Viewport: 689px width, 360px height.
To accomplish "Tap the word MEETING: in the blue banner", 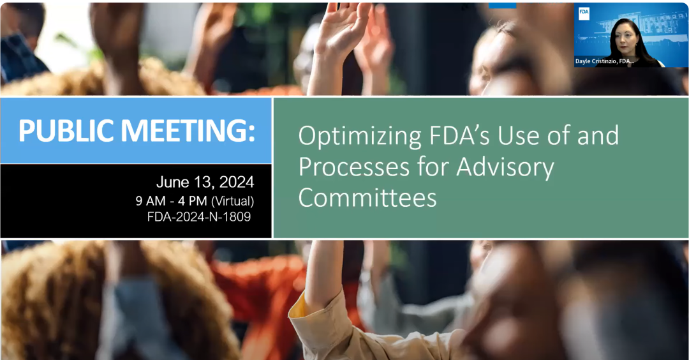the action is click(x=188, y=130).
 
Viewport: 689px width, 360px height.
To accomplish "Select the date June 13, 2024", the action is click(x=205, y=182).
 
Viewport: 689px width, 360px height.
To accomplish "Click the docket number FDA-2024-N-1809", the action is click(x=199, y=217).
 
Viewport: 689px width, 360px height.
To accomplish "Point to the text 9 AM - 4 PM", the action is click(x=172, y=201).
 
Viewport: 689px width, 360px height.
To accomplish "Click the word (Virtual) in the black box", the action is click(x=232, y=201).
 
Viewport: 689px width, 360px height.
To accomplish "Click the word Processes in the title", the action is click(x=354, y=167).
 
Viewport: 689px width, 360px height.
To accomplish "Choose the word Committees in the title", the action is click(x=367, y=197).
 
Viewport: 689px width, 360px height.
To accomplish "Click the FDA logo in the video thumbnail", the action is click(x=584, y=14).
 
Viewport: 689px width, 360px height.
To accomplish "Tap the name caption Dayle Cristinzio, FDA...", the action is click(x=605, y=61).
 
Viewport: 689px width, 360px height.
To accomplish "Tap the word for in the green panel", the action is click(x=433, y=167).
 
